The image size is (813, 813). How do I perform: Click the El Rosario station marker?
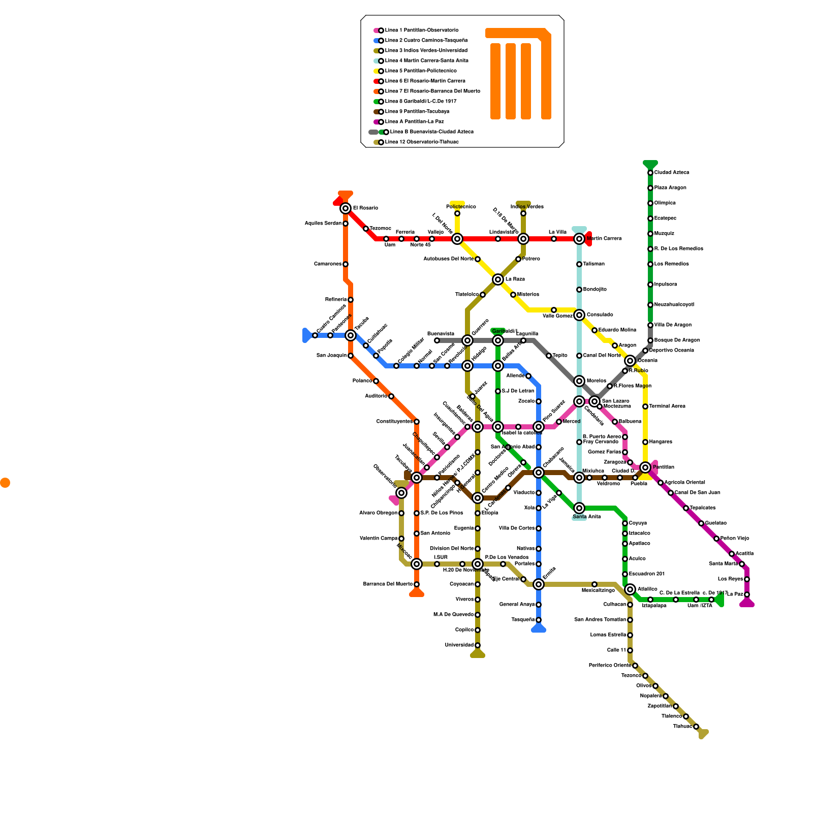346,208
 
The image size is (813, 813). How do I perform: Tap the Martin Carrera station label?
604,239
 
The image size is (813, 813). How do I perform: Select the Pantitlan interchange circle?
645,467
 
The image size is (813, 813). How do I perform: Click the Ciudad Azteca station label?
671,173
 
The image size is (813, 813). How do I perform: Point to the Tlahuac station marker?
696,727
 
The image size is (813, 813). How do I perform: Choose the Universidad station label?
459,645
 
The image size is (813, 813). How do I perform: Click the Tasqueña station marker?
539,620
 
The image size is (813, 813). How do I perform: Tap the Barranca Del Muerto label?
388,584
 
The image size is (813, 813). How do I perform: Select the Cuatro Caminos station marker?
315,335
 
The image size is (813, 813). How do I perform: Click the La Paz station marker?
747,595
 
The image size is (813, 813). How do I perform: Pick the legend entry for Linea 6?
425,81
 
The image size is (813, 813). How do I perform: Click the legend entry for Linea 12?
422,142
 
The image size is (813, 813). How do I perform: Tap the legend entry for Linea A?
414,122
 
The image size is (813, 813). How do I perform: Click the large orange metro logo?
518,74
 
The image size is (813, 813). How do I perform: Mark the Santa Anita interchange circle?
579,508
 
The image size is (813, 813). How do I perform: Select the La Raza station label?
515,279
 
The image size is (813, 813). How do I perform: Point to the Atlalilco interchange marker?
630,589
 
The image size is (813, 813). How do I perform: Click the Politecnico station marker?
457,213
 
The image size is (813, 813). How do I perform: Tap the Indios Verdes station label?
527,207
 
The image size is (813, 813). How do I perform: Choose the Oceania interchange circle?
630,361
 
